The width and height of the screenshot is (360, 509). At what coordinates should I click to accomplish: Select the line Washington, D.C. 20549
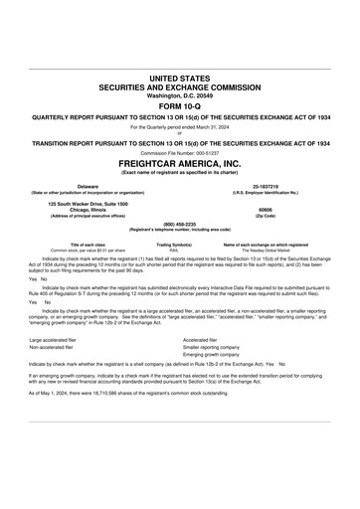point(179,94)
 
